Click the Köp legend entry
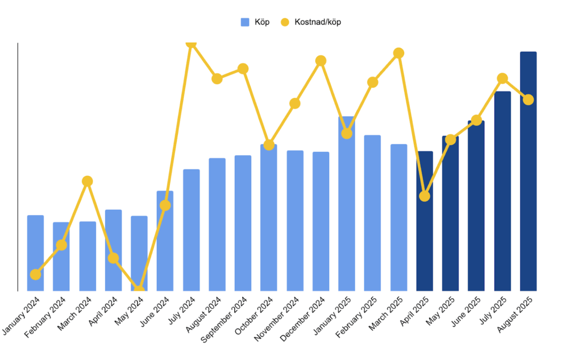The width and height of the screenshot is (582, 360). [x=255, y=22]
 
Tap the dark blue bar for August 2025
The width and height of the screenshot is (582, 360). [x=528, y=171]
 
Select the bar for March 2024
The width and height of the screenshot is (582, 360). [x=88, y=256]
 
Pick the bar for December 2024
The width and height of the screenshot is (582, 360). [x=321, y=222]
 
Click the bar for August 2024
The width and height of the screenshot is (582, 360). [x=217, y=225]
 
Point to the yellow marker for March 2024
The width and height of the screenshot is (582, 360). [x=87, y=181]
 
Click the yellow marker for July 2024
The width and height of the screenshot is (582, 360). [x=192, y=43]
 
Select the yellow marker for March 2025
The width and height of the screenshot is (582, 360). [x=399, y=53]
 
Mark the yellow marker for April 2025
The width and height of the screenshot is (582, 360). [x=425, y=196]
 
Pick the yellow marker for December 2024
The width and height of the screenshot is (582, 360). [x=321, y=61]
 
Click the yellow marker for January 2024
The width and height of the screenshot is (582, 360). [x=35, y=274]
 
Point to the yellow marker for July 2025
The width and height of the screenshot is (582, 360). [x=502, y=78]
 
